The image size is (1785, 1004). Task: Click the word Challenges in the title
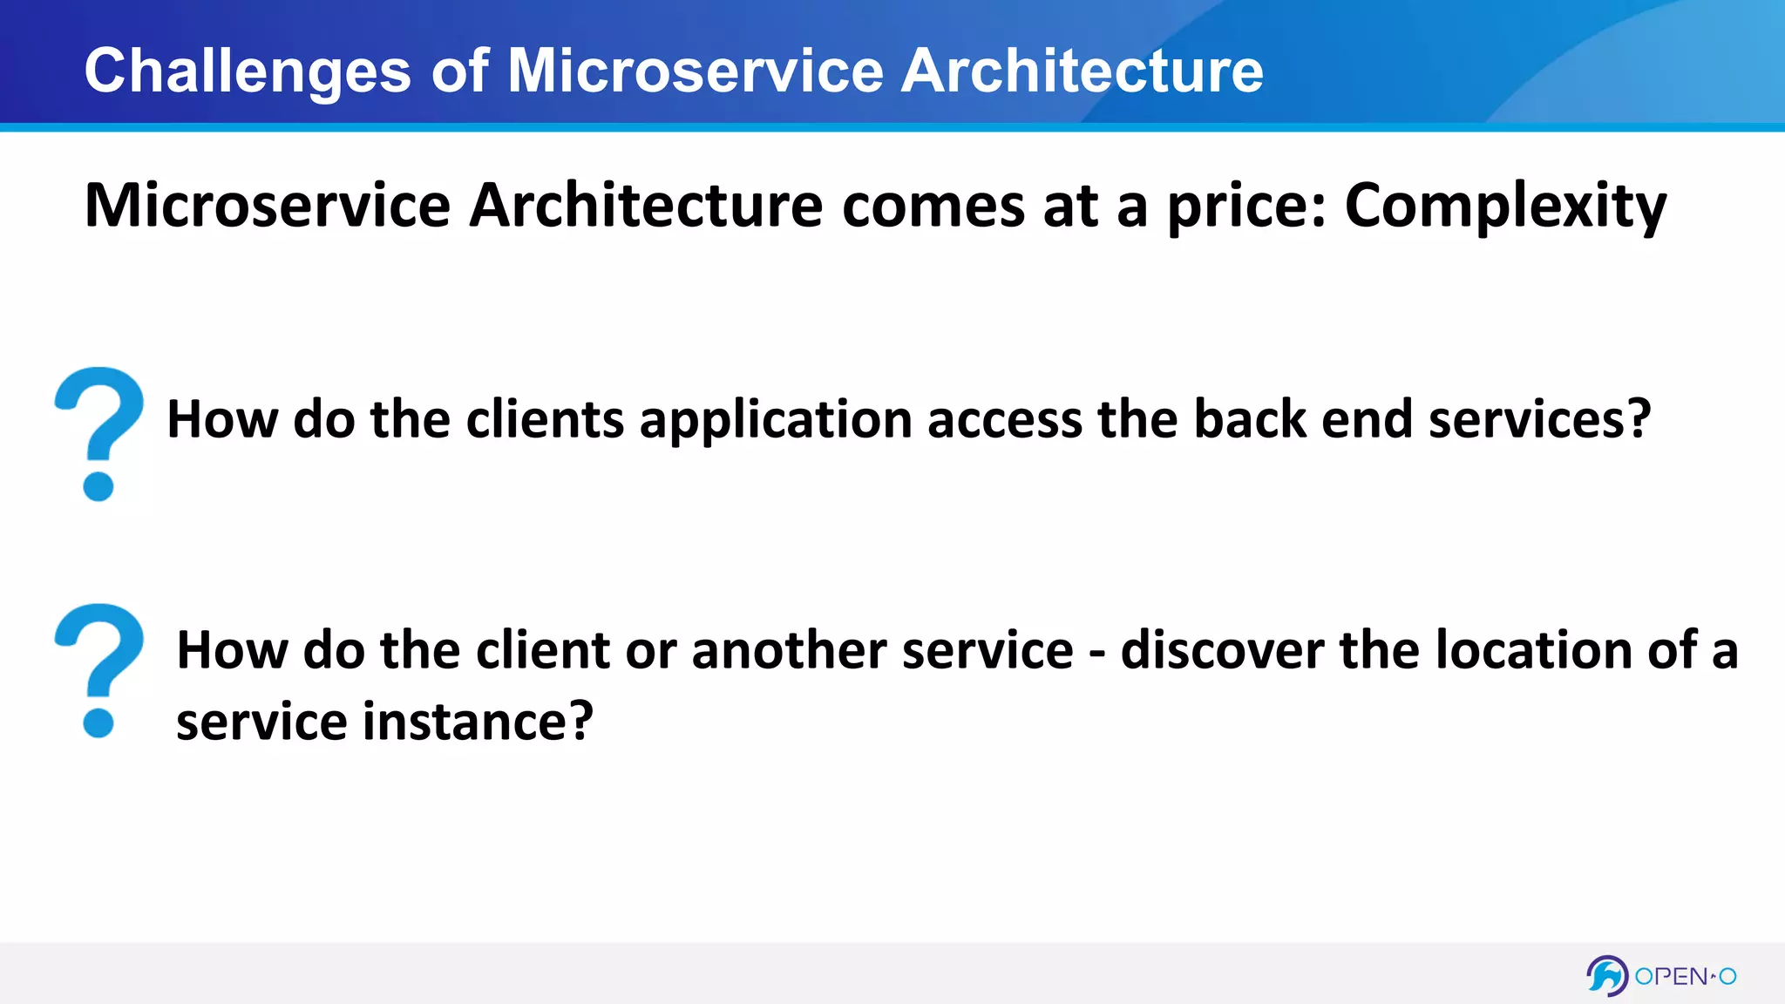(x=248, y=71)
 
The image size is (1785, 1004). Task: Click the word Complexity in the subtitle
(x=1505, y=207)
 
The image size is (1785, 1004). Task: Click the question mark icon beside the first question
(x=98, y=433)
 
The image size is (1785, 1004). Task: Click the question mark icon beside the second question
(x=98, y=669)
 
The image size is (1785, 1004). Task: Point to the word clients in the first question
(x=545, y=419)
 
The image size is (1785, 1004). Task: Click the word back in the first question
(x=1249, y=419)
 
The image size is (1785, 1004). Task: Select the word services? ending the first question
(x=1539, y=419)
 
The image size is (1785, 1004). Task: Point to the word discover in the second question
(x=1221, y=651)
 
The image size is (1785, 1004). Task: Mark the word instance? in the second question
(x=478, y=722)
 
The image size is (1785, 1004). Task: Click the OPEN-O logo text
(x=1685, y=976)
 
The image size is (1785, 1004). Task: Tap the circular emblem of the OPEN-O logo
(x=1606, y=976)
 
